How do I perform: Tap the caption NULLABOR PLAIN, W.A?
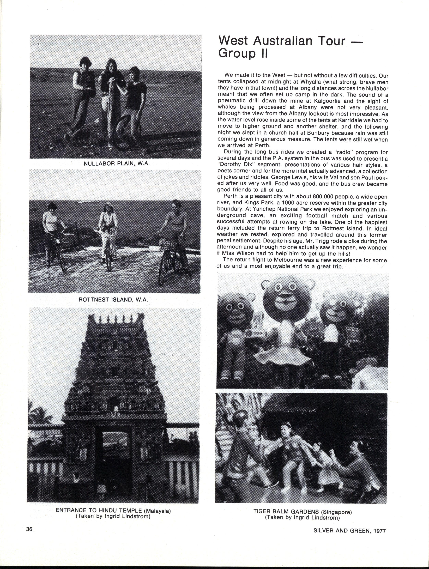(x=117, y=164)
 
